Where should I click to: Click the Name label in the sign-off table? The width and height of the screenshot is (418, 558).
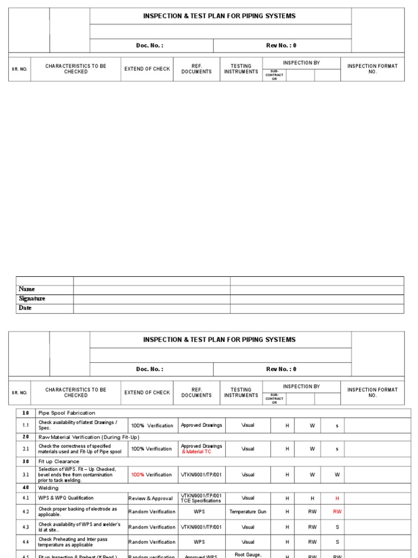[x=27, y=289]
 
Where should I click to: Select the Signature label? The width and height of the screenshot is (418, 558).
[x=32, y=299]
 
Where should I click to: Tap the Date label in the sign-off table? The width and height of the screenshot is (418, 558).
[x=25, y=308]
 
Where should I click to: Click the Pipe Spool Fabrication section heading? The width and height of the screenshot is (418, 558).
[x=66, y=413]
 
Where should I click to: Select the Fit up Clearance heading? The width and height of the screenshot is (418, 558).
[x=59, y=462]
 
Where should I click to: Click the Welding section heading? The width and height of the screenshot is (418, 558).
[x=49, y=488]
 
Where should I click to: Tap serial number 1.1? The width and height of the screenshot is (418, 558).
[x=26, y=425]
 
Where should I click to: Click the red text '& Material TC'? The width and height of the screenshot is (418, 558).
[x=196, y=452]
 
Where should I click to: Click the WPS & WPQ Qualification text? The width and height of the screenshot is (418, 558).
[x=66, y=498]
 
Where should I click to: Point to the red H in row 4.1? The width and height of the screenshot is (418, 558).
[x=337, y=499]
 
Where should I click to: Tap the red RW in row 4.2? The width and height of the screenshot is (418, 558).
[x=337, y=512]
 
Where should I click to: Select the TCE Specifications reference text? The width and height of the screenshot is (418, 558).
[x=201, y=501]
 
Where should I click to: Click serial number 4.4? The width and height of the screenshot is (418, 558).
[x=26, y=542]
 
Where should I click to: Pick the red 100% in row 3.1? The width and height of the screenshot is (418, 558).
[x=138, y=475]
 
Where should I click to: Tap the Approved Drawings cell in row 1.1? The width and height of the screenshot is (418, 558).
[x=201, y=425]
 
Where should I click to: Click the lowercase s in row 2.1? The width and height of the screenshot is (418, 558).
[x=337, y=449]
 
